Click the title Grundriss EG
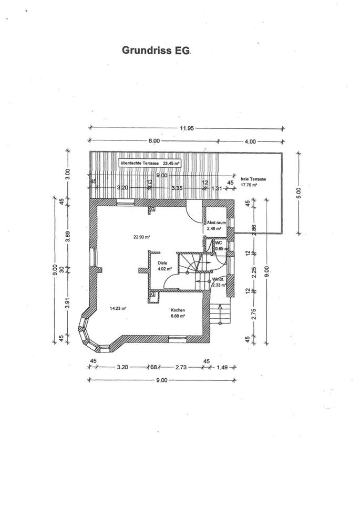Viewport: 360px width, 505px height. (x=157, y=50)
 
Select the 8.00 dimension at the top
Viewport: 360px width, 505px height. (x=153, y=140)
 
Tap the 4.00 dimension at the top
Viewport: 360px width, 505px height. (x=250, y=140)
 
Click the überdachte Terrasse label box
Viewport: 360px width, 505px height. (x=150, y=163)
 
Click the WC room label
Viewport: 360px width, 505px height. (x=219, y=243)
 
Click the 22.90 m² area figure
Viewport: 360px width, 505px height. (x=142, y=237)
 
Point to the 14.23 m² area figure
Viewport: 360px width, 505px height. (x=118, y=308)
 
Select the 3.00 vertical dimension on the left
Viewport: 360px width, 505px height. (x=67, y=174)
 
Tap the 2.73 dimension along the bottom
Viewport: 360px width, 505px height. (x=181, y=368)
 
